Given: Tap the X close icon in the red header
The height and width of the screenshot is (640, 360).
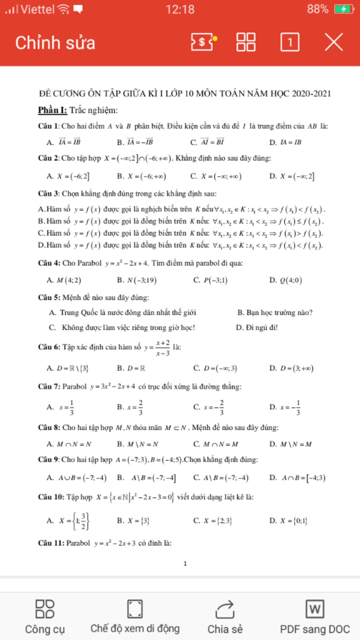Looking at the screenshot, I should (x=334, y=43).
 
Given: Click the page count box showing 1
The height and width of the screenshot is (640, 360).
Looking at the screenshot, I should (x=290, y=43).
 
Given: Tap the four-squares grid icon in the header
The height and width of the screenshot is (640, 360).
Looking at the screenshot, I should (x=246, y=43).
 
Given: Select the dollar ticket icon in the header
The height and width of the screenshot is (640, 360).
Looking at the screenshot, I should (x=202, y=43).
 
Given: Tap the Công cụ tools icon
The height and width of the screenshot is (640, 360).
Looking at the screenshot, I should (x=45, y=609).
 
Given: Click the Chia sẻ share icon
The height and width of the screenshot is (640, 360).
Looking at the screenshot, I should (x=225, y=609).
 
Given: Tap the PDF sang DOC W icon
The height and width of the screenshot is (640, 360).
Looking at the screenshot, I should (x=315, y=609).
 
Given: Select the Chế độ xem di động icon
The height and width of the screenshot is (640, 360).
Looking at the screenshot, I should (x=135, y=609).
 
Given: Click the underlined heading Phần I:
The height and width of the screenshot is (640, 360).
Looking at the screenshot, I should (x=52, y=110).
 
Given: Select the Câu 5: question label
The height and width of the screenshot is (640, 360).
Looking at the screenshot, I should (x=49, y=297).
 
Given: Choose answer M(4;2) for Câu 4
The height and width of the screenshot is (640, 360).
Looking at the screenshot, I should (x=69, y=280).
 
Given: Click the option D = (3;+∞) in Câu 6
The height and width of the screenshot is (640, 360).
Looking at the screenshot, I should (x=296, y=369).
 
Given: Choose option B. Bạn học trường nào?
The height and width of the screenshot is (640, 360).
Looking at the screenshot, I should (x=275, y=313).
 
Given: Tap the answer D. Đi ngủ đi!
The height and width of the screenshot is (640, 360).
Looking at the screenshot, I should (x=257, y=328).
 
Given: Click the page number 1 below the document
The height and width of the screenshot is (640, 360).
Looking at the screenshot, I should (x=185, y=564).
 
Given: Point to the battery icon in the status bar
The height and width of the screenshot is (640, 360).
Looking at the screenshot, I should (x=344, y=9).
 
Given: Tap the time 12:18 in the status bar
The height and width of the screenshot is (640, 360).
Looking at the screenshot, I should (x=180, y=9).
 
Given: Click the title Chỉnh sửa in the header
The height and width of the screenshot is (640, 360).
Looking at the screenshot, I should (x=55, y=43).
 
